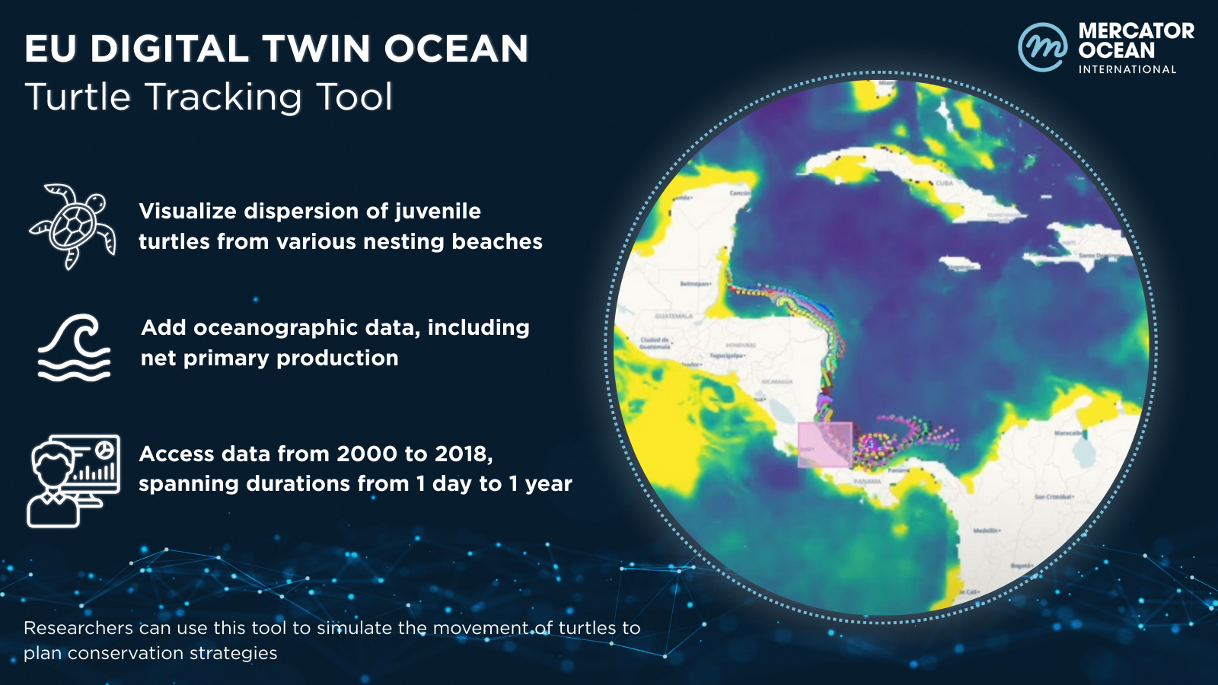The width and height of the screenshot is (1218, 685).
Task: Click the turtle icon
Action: (73, 226)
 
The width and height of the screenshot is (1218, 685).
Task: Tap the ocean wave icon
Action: (74, 347)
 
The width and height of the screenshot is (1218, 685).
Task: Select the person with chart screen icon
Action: (73, 481)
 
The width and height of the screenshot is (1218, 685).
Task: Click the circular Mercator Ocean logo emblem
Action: (1042, 47)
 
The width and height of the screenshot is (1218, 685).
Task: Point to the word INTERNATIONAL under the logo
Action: (1127, 69)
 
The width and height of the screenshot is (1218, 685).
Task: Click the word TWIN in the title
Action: (318, 49)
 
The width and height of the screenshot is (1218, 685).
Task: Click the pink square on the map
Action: (824, 444)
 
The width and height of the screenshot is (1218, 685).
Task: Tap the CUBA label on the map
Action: (944, 183)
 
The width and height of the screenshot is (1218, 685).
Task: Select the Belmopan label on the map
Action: (696, 284)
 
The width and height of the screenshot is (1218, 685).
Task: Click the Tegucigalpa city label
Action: (728, 355)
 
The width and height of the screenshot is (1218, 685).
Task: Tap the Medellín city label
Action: (987, 530)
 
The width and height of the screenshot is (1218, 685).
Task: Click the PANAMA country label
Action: (867, 482)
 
